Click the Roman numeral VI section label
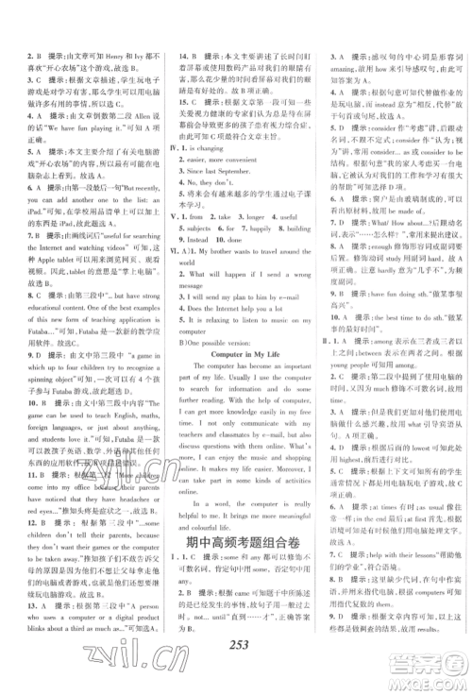171,228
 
